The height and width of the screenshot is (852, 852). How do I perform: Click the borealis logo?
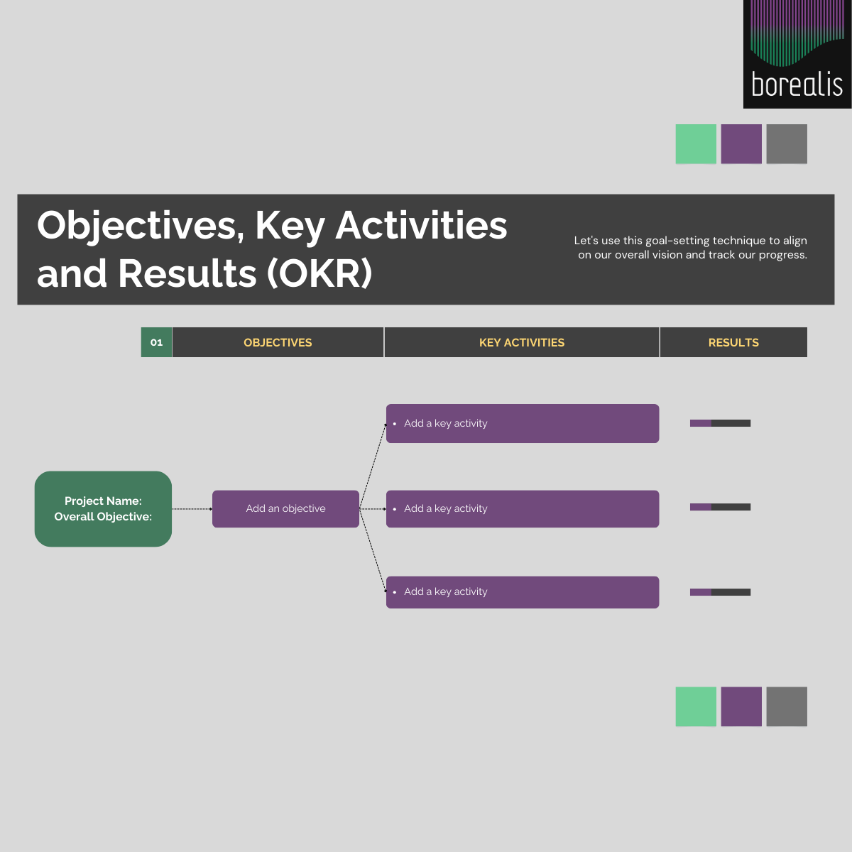pyautogui.click(x=797, y=54)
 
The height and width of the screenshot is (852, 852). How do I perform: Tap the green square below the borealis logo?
pyautogui.click(x=696, y=143)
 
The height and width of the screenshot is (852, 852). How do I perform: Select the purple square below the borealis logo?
pyautogui.click(x=741, y=143)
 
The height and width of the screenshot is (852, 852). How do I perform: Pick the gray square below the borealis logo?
pyautogui.click(x=787, y=143)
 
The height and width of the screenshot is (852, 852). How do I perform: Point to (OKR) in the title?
pyautogui.click(x=319, y=273)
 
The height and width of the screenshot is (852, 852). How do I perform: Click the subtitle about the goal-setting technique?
pyautogui.click(x=691, y=248)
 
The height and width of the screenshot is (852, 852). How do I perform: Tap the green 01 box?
pyautogui.click(x=156, y=342)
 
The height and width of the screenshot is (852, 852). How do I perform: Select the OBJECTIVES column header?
pyautogui.click(x=278, y=342)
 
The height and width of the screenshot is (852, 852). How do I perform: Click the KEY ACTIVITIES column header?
pyautogui.click(x=522, y=342)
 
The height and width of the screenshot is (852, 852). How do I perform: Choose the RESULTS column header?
pyautogui.click(x=733, y=342)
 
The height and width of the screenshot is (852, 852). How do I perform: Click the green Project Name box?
pyautogui.click(x=103, y=509)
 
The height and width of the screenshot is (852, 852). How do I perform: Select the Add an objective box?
pyautogui.click(x=285, y=509)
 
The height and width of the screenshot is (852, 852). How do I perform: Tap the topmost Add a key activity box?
pyautogui.click(x=523, y=424)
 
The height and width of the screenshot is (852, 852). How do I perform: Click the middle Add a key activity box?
pyautogui.click(x=523, y=509)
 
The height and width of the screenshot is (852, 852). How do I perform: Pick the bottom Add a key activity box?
pyautogui.click(x=523, y=592)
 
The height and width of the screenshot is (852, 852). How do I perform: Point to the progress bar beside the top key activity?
pyautogui.click(x=720, y=423)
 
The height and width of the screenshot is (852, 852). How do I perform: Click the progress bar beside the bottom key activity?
pyautogui.click(x=720, y=592)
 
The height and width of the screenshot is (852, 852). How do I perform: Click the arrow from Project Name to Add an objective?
pyautogui.click(x=192, y=509)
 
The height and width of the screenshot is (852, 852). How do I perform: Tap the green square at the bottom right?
pyautogui.click(x=696, y=706)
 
